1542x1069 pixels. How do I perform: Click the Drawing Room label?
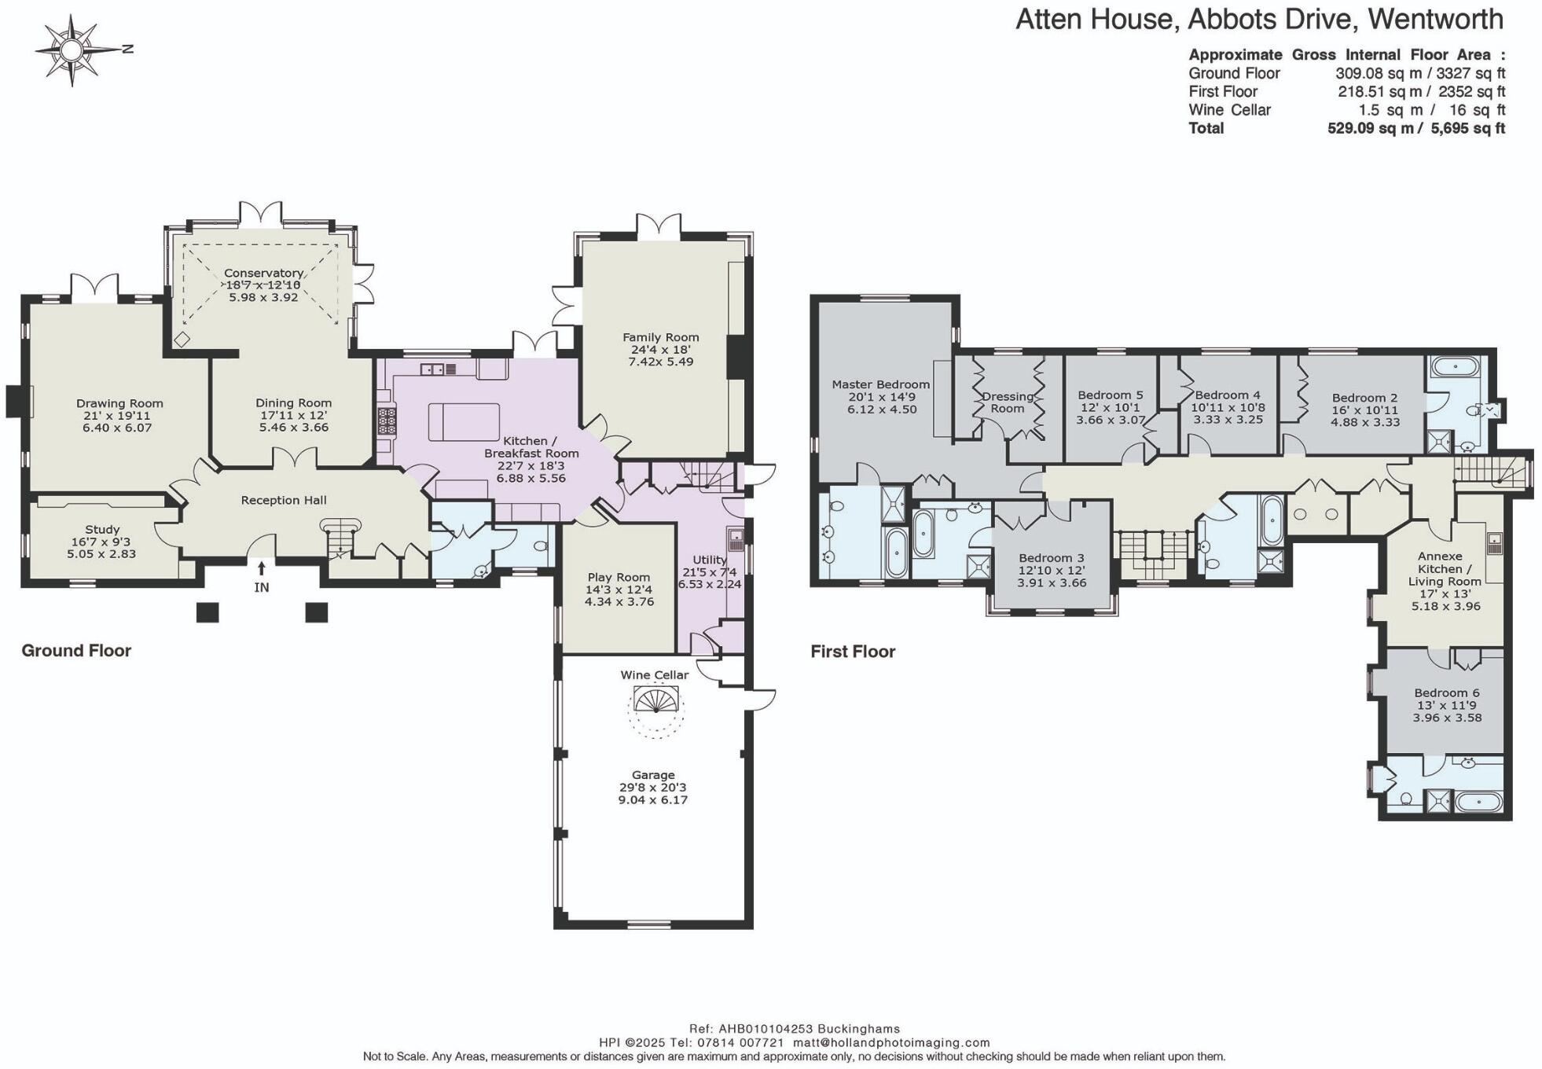coord(119,403)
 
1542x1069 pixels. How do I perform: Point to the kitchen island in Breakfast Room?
coord(464,421)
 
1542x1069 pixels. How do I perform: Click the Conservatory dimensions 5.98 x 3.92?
coord(263,297)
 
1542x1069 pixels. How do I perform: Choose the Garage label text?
coord(653,775)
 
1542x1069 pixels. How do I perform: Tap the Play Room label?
coord(619,577)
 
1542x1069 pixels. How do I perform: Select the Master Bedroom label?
coord(880,384)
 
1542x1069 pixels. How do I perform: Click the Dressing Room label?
coord(1008,402)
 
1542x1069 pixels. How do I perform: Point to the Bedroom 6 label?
coord(1446,692)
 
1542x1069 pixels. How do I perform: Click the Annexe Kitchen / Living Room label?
coord(1444,568)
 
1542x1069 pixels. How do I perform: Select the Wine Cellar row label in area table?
coord(1229,110)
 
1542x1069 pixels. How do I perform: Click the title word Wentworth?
coord(1435,20)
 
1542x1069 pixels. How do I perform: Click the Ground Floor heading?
coord(76,650)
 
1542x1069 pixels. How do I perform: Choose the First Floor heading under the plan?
coord(853,651)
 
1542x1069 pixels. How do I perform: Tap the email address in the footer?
coord(890,1042)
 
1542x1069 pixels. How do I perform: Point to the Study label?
coord(102,530)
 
